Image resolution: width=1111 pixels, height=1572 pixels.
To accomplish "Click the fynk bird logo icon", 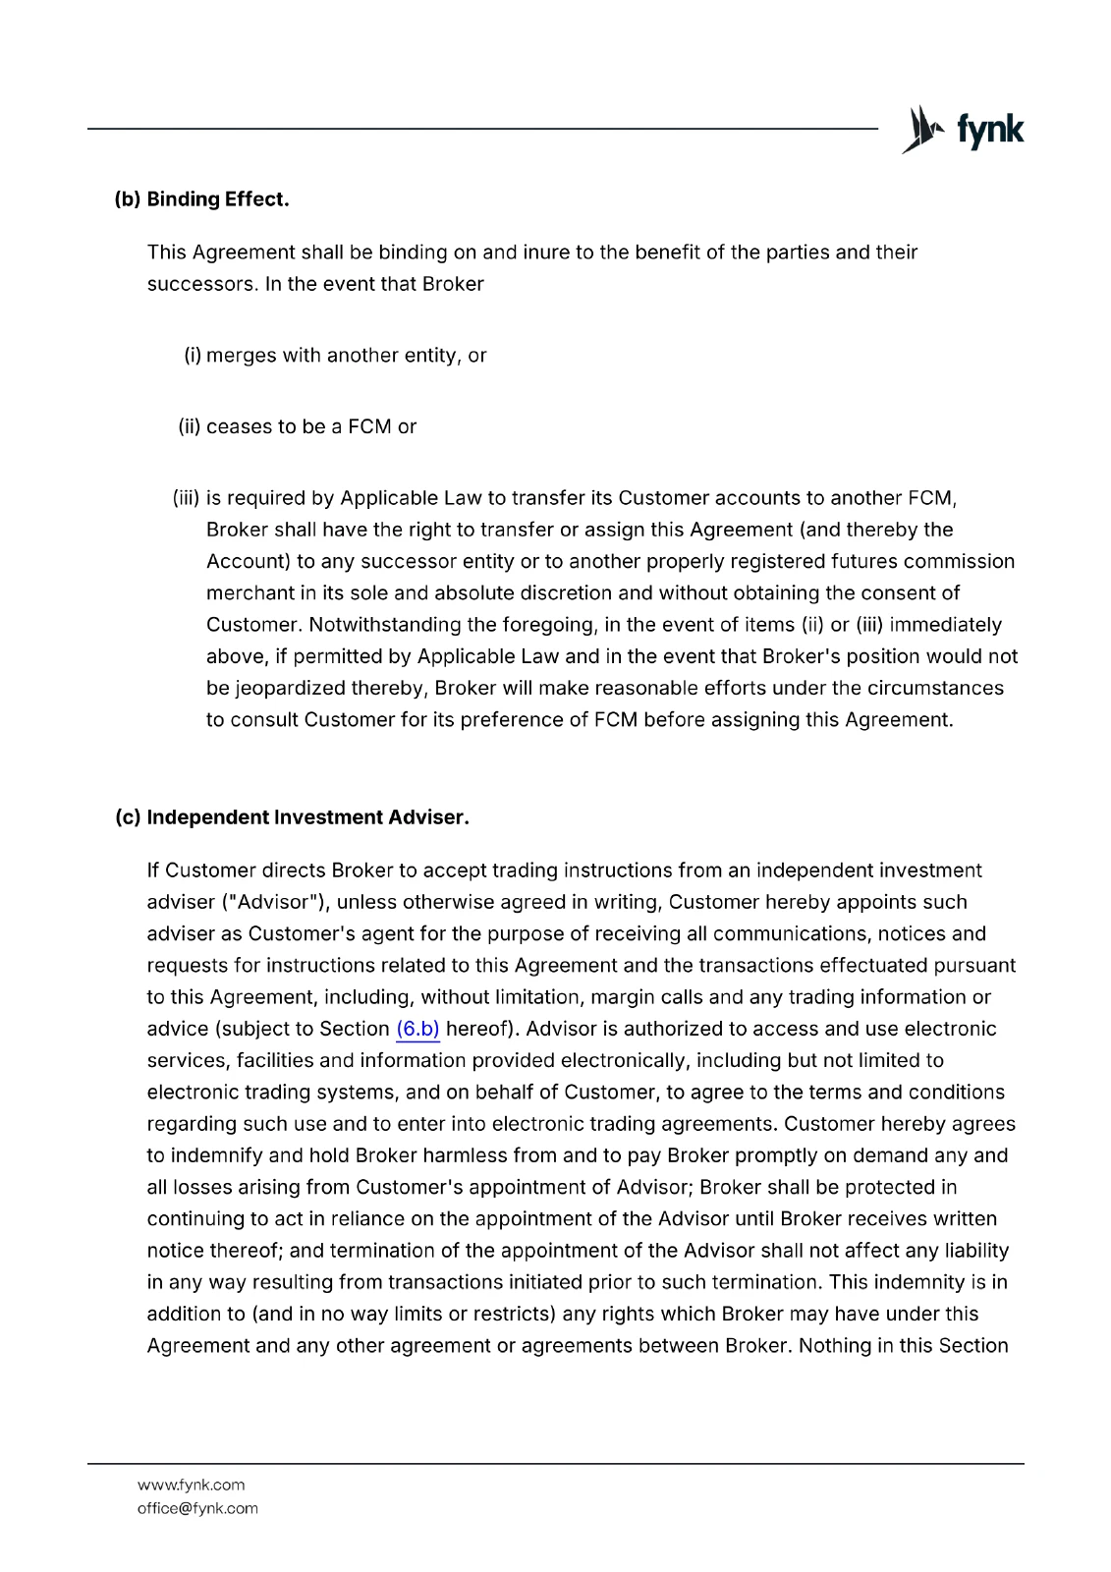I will coord(920,130).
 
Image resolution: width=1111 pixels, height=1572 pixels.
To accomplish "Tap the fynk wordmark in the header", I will coord(990,131).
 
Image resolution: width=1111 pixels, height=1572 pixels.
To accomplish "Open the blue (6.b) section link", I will coord(417,1029).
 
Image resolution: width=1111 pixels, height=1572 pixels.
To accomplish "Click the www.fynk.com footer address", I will coord(191,1485).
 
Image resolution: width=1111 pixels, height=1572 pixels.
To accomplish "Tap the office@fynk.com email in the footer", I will coord(197,1508).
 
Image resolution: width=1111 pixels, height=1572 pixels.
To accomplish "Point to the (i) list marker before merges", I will coord(193,356).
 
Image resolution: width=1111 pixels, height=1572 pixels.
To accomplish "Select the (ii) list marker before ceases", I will coord(189,426).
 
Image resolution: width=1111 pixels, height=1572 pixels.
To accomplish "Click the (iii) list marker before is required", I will coord(186,498).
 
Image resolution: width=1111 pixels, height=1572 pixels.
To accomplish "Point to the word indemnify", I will coord(216,1155).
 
